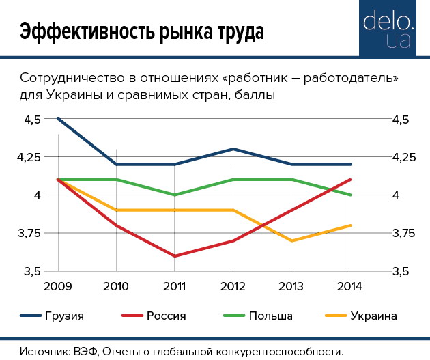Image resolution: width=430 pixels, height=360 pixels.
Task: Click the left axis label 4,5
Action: [x=32, y=120]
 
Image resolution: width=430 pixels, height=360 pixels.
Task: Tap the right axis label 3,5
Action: [x=400, y=272]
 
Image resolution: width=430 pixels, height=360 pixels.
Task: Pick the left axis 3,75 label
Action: [x=29, y=234]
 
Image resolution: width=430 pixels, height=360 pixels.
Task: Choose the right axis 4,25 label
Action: [x=403, y=158]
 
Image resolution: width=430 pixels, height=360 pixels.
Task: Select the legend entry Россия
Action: [x=166, y=316]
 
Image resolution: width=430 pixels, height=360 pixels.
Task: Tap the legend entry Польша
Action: [x=270, y=316]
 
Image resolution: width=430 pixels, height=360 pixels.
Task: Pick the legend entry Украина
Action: [x=373, y=316]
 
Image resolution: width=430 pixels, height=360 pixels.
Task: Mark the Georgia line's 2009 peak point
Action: [x=59, y=119]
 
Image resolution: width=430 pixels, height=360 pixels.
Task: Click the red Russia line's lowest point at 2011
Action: [x=175, y=256]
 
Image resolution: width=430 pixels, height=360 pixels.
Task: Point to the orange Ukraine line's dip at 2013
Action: [x=291, y=240]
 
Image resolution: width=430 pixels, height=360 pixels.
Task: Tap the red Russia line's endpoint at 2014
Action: [x=349, y=180]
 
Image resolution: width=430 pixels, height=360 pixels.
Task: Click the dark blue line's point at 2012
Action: [x=233, y=149]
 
